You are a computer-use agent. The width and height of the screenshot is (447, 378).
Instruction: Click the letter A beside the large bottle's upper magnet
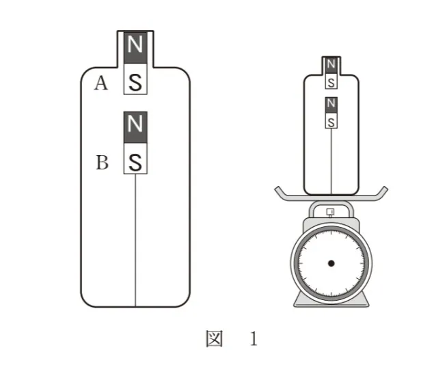pyautogui.click(x=101, y=83)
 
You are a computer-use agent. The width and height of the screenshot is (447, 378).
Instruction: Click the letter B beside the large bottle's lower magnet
pyautogui.click(x=102, y=163)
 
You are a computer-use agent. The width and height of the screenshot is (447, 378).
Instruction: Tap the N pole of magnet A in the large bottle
pyautogui.click(x=135, y=47)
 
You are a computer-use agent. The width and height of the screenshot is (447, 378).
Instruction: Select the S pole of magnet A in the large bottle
pyautogui.click(x=135, y=79)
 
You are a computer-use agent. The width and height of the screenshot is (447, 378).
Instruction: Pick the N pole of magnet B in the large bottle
pyautogui.click(x=135, y=127)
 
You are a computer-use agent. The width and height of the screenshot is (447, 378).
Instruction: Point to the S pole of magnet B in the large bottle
pyautogui.click(x=135, y=159)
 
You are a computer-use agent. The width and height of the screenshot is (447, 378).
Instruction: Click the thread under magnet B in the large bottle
pyautogui.click(x=135, y=240)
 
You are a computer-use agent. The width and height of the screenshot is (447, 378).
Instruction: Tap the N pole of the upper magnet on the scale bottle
pyautogui.click(x=331, y=66)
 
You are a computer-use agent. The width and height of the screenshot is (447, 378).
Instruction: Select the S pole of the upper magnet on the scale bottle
pyautogui.click(x=331, y=81)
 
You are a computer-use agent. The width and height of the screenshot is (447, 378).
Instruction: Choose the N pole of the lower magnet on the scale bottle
pyautogui.click(x=331, y=105)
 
